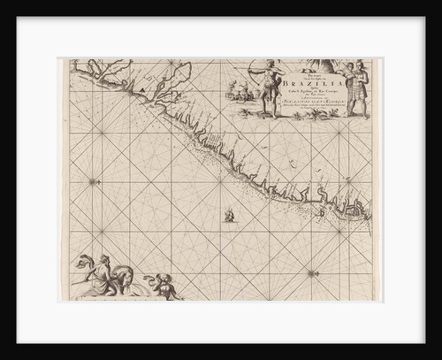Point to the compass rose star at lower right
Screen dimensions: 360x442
(311, 273)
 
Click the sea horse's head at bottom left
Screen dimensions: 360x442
(82, 262)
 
